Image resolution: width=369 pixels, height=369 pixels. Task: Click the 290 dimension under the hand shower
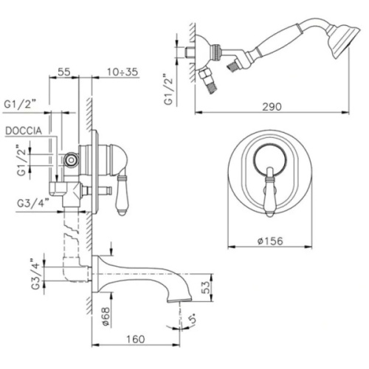[272, 106]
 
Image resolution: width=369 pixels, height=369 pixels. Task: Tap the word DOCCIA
[27, 131]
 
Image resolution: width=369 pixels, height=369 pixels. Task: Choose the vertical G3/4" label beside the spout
[32, 274]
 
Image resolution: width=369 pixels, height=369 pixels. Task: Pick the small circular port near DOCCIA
[71, 159]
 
